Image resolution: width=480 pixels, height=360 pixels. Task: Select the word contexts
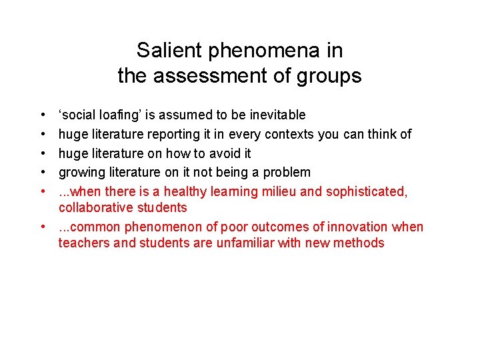[290, 134]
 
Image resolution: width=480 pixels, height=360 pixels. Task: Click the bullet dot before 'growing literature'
[42, 173]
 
